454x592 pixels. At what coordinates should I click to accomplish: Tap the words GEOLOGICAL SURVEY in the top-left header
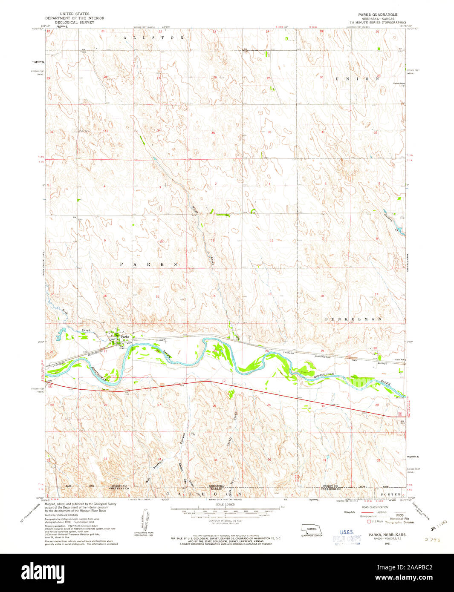tap(75, 22)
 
